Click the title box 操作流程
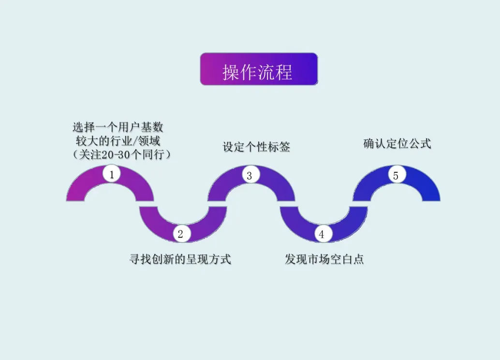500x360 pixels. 259,69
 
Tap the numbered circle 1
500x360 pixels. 112,174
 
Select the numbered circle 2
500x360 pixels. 181,234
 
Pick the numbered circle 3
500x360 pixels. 250,175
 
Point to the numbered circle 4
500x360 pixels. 322,234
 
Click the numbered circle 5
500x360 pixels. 396,175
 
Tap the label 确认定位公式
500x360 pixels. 397,144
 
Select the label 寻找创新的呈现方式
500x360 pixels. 180,259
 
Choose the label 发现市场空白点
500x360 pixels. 324,259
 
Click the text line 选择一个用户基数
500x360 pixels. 118,128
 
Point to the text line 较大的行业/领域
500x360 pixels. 118,141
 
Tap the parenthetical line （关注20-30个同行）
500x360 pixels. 120,154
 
